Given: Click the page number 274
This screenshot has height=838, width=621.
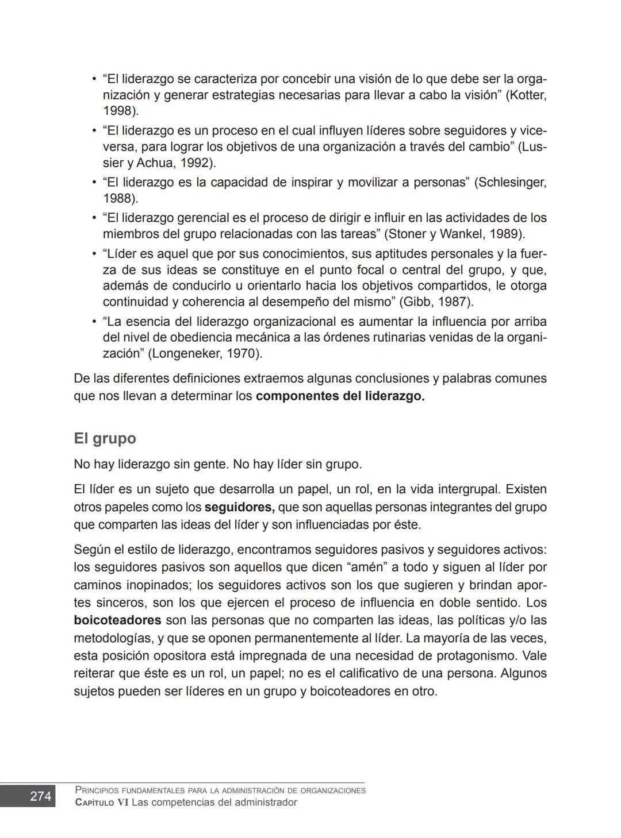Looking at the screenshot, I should [40, 796].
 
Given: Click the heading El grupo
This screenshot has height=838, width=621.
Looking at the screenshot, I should [105, 438].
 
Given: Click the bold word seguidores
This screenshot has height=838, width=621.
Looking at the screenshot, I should [239, 507].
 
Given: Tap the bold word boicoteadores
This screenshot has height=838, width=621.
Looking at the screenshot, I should [117, 620].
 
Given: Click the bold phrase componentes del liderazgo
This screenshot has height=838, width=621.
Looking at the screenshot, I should [340, 396].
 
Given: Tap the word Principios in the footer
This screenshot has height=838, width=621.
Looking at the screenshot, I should [98, 790].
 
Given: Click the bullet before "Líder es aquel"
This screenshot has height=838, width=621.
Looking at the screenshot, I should [94, 254].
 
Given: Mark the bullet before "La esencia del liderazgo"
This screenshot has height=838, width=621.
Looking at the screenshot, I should [94, 322].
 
